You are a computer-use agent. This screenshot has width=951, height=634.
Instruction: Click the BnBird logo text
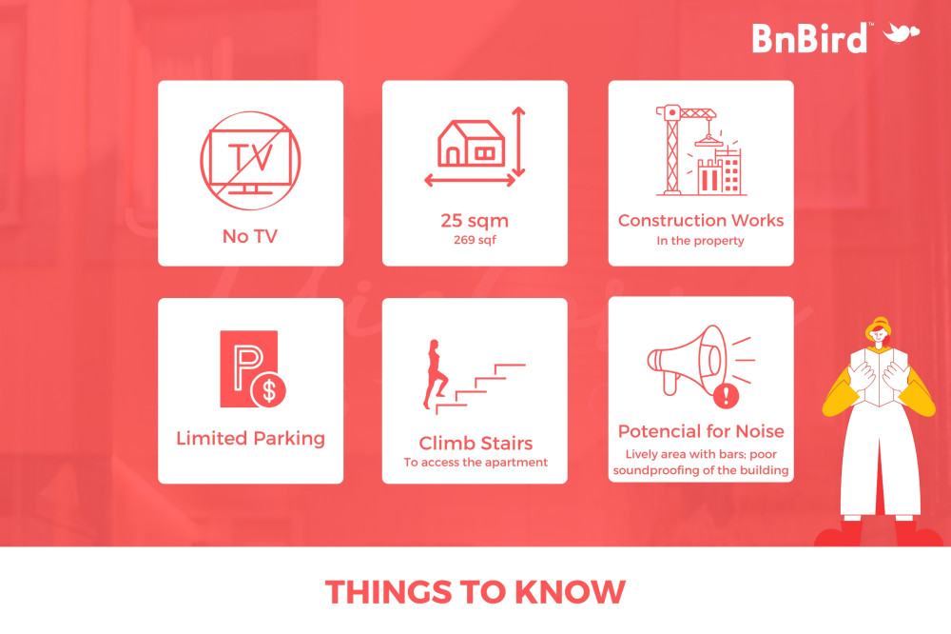coord(809,38)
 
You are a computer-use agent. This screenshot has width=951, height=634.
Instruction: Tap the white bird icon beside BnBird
coord(902,32)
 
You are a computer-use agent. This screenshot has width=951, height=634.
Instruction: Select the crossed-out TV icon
coord(250,160)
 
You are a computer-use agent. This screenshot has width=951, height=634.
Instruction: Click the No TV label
coord(250,236)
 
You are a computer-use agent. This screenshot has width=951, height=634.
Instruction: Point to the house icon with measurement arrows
coord(475,147)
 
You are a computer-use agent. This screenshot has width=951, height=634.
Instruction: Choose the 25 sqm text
coord(475,221)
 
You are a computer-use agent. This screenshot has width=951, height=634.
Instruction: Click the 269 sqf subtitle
coord(475,240)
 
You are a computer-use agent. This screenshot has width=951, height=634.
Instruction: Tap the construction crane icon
coord(701,150)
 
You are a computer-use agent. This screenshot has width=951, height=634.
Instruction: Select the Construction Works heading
coord(701,221)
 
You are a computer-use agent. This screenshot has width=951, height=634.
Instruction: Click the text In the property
coord(701,241)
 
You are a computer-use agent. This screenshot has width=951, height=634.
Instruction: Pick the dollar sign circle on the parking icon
coord(269,390)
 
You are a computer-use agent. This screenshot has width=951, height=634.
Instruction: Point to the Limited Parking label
coord(250,439)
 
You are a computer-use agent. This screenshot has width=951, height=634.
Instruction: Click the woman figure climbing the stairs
coord(436,374)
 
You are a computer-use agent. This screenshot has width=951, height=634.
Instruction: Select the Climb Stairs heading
coord(475,444)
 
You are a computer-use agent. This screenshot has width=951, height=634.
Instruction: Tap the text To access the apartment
coord(475,462)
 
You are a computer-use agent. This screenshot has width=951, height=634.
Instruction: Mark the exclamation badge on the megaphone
coord(726,397)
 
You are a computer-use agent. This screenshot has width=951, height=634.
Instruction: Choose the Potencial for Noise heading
coord(701,431)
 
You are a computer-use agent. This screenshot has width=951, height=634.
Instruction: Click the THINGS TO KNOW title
coord(475,592)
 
